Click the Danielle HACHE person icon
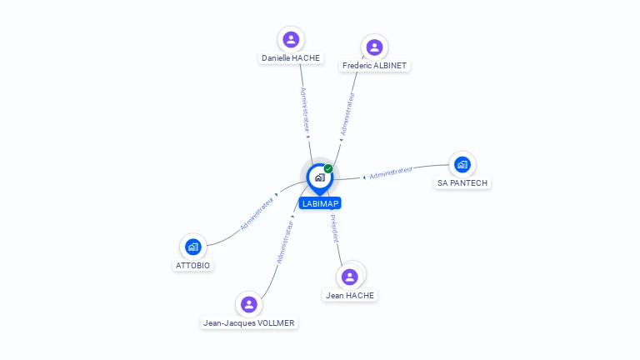(291, 39)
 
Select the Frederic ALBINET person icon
(374, 47)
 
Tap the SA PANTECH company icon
(462, 164)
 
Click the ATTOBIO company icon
(193, 247)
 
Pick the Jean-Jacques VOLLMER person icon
(248, 304)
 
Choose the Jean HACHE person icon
(350, 277)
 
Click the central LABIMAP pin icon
(319, 177)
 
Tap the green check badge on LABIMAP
(328, 169)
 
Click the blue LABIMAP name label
(320, 203)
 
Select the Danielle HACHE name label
(291, 58)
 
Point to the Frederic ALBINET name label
(376, 65)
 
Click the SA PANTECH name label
(462, 182)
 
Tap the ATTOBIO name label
(193, 265)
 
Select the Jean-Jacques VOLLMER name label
(248, 322)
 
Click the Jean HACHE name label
(350, 295)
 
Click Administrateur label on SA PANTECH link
(391, 172)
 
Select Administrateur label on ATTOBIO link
(257, 213)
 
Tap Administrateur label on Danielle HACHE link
(304, 110)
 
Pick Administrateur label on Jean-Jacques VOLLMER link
(285, 242)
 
